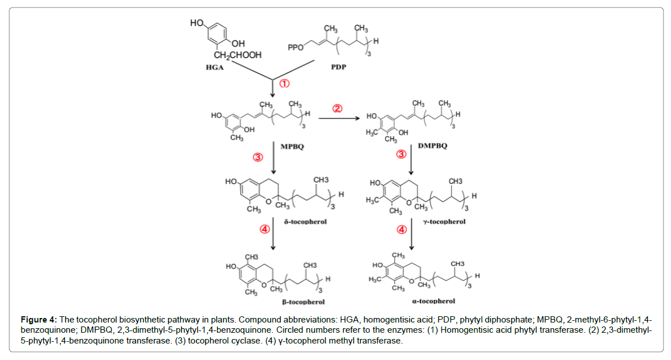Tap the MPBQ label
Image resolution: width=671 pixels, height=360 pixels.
[x=292, y=146]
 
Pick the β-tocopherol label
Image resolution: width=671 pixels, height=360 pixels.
[x=304, y=302]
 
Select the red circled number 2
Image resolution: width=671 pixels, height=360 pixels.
[x=337, y=109]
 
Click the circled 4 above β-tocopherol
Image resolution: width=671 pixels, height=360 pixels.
[x=264, y=229]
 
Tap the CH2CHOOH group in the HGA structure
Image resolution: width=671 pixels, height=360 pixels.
[x=237, y=55]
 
